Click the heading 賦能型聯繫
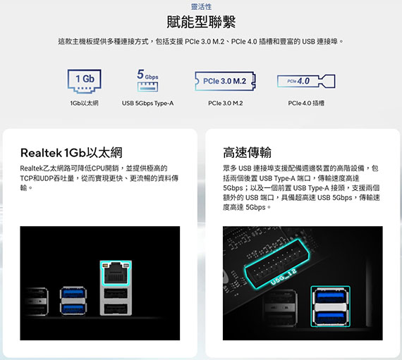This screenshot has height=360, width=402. [201, 22]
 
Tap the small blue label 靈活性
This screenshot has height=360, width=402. [201, 6]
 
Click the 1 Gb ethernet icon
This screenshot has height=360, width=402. [85, 81]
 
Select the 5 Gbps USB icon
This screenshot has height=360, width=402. [147, 80]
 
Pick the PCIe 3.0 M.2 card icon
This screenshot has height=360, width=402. [225, 81]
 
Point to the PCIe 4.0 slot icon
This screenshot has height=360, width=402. [306, 81]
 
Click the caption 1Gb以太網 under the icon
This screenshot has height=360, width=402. [84, 103]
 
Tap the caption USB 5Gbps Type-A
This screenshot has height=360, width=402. [147, 103]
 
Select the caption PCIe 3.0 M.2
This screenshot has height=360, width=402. [226, 103]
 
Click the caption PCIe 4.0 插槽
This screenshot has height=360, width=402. [306, 103]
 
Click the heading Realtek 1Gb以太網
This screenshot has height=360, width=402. [71, 153]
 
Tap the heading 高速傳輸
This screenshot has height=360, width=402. [247, 153]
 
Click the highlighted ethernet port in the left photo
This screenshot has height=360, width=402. [115, 273]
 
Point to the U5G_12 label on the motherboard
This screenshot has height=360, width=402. [284, 277]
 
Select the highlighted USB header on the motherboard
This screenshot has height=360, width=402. [277, 263]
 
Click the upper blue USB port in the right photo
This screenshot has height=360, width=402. [330, 297]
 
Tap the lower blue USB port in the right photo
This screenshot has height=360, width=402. [330, 317]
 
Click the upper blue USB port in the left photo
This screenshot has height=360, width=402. [73, 293]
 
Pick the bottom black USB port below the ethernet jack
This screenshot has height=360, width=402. [116, 309]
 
